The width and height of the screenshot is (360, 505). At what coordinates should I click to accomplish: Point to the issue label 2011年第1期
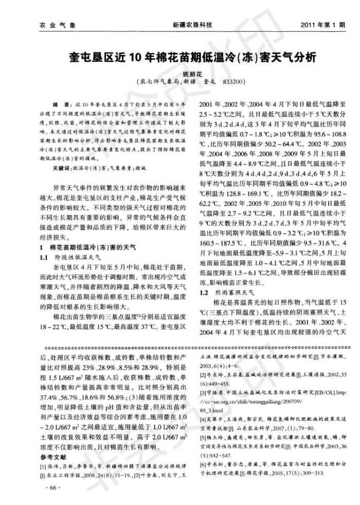[322, 24]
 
